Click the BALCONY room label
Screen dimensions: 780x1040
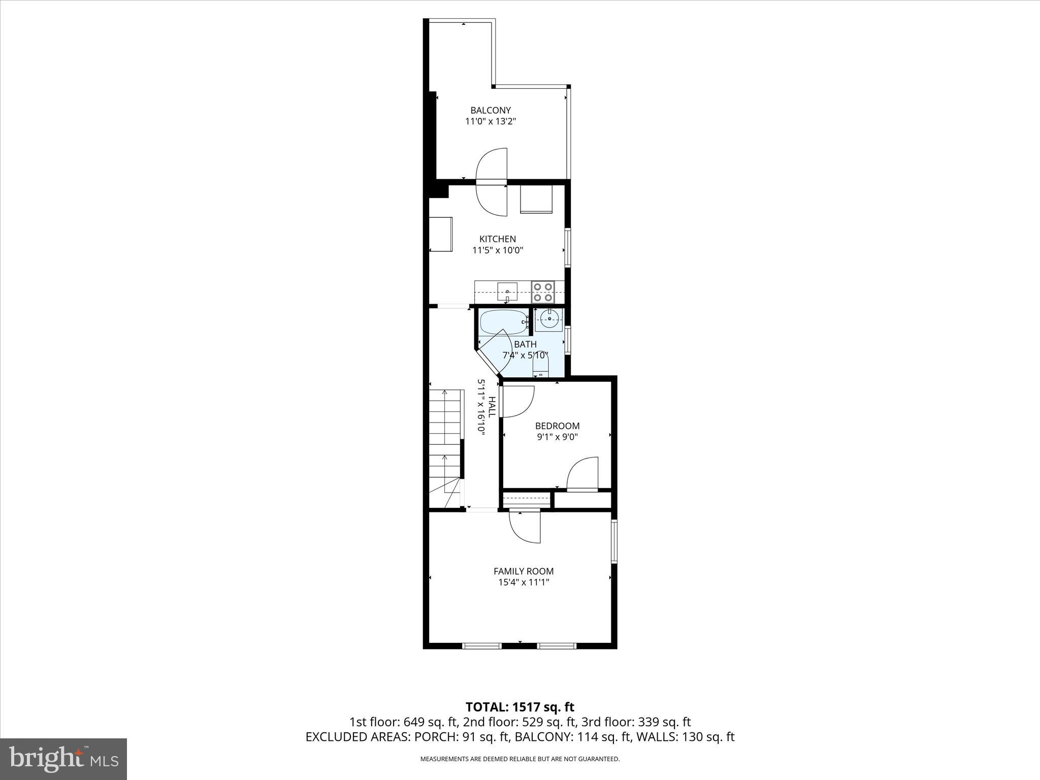(x=490, y=110)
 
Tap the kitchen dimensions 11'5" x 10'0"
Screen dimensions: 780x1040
(x=497, y=250)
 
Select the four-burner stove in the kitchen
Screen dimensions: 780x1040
(x=542, y=293)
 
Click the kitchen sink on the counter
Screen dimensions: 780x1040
(x=507, y=292)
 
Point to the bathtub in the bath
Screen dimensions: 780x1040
(x=503, y=321)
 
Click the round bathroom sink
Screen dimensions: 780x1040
(x=549, y=319)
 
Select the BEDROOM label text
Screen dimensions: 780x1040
(x=557, y=426)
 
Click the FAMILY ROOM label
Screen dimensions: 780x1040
(x=524, y=571)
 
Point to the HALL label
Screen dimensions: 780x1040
(x=492, y=407)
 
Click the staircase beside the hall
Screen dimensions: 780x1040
(x=446, y=447)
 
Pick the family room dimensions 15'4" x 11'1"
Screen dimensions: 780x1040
(x=524, y=582)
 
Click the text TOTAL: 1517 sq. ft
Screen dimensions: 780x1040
(x=519, y=707)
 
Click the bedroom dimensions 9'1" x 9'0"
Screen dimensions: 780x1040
(x=557, y=437)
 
